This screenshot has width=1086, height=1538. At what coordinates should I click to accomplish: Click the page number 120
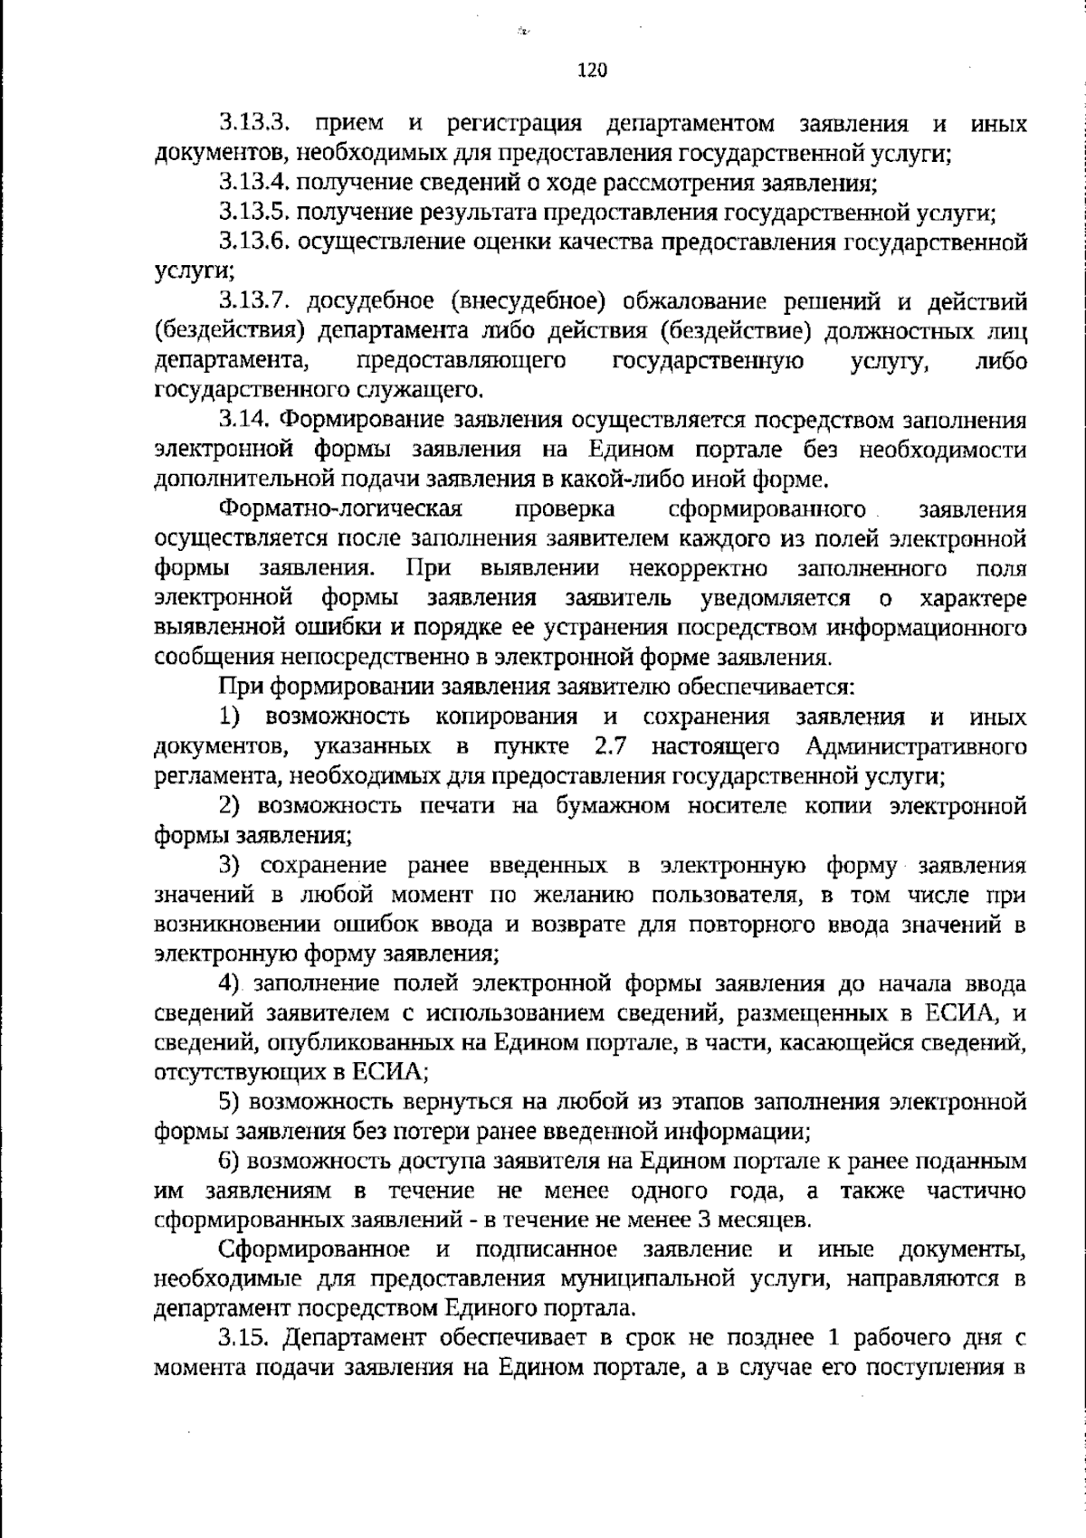pyautogui.click(x=591, y=71)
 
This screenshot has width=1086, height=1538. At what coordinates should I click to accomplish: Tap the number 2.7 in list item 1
pyautogui.click(x=612, y=746)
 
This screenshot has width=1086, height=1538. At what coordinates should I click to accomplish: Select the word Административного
pyautogui.click(x=914, y=746)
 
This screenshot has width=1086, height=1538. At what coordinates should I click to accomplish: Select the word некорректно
pyautogui.click(x=698, y=569)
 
